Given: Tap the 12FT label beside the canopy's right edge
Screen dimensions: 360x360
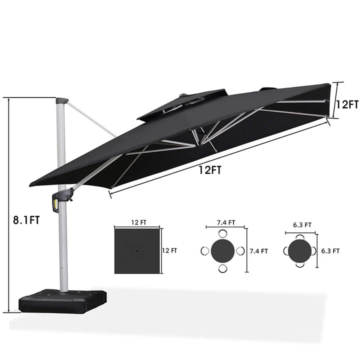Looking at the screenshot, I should click(346, 105).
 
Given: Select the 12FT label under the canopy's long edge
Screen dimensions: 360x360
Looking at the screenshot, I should click(210, 170).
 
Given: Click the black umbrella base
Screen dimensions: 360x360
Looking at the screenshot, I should click(62, 301).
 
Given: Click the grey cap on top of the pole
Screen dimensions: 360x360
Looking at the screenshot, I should click(61, 100).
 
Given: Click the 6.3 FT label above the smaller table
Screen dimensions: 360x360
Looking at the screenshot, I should click(301, 225).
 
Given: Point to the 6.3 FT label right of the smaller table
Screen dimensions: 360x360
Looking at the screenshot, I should click(330, 251).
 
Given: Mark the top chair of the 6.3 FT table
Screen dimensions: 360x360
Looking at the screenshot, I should click(299, 236).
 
